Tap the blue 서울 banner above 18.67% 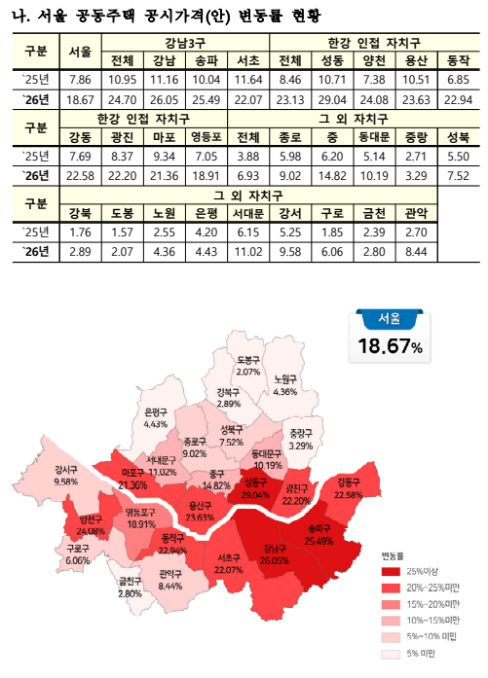pos(387,318)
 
